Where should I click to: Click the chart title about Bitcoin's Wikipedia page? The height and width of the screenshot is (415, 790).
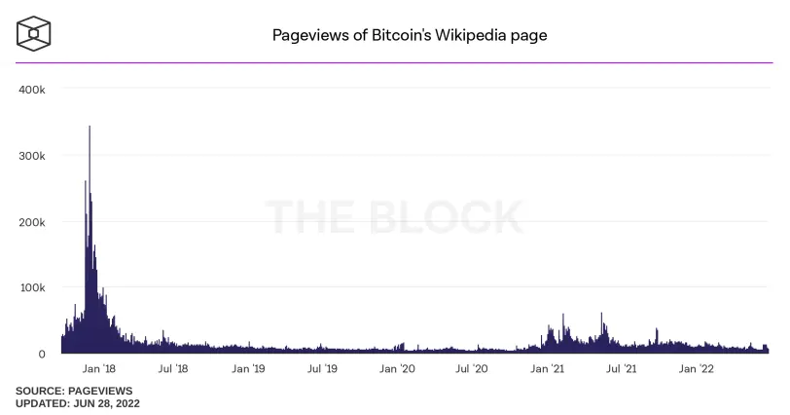pyautogui.click(x=410, y=35)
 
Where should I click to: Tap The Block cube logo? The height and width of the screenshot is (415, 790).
pyautogui.click(x=33, y=34)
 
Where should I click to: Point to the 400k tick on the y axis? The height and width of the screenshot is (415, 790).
pyautogui.click(x=32, y=90)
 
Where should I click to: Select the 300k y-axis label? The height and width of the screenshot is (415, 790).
pyautogui.click(x=32, y=156)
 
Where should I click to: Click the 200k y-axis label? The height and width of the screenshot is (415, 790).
pyautogui.click(x=32, y=222)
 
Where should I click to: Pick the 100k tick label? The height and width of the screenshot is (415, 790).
pyautogui.click(x=32, y=288)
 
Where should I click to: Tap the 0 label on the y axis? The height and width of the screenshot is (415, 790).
pyautogui.click(x=42, y=354)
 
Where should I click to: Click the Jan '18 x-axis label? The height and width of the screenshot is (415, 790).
pyautogui.click(x=99, y=368)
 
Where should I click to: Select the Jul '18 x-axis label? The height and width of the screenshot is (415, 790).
pyautogui.click(x=173, y=368)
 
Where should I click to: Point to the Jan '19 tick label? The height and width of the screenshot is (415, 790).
pyautogui.click(x=248, y=368)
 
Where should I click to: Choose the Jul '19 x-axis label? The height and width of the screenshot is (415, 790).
pyautogui.click(x=322, y=368)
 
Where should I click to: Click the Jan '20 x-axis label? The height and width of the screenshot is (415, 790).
pyautogui.click(x=397, y=368)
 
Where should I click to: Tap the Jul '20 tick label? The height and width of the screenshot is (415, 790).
pyautogui.click(x=472, y=368)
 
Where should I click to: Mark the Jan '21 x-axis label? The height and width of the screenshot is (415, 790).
pyautogui.click(x=547, y=368)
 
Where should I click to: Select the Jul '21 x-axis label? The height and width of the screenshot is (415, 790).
pyautogui.click(x=622, y=368)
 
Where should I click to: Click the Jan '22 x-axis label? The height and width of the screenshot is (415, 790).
pyautogui.click(x=697, y=368)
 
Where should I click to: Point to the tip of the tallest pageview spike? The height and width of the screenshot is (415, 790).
pyautogui.click(x=90, y=126)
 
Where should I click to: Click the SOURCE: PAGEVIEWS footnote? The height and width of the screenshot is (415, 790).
pyautogui.click(x=74, y=391)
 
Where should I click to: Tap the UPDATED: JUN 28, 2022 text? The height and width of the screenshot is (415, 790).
pyautogui.click(x=78, y=403)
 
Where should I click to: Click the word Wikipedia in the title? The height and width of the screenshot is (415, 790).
pyautogui.click(x=470, y=35)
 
